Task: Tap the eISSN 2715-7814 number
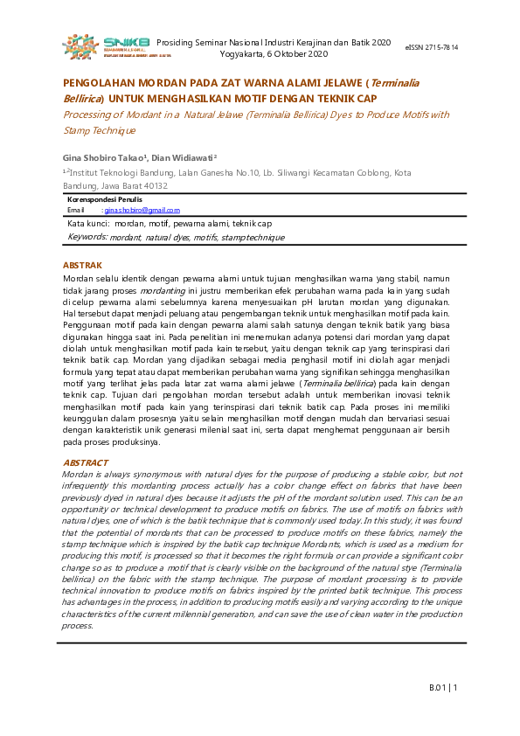(432, 46)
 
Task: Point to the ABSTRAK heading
(83, 265)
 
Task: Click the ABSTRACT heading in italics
(86, 462)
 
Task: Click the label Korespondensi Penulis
(105, 200)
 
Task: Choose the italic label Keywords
(87, 237)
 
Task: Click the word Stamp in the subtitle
(78, 130)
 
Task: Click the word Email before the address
(76, 211)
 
